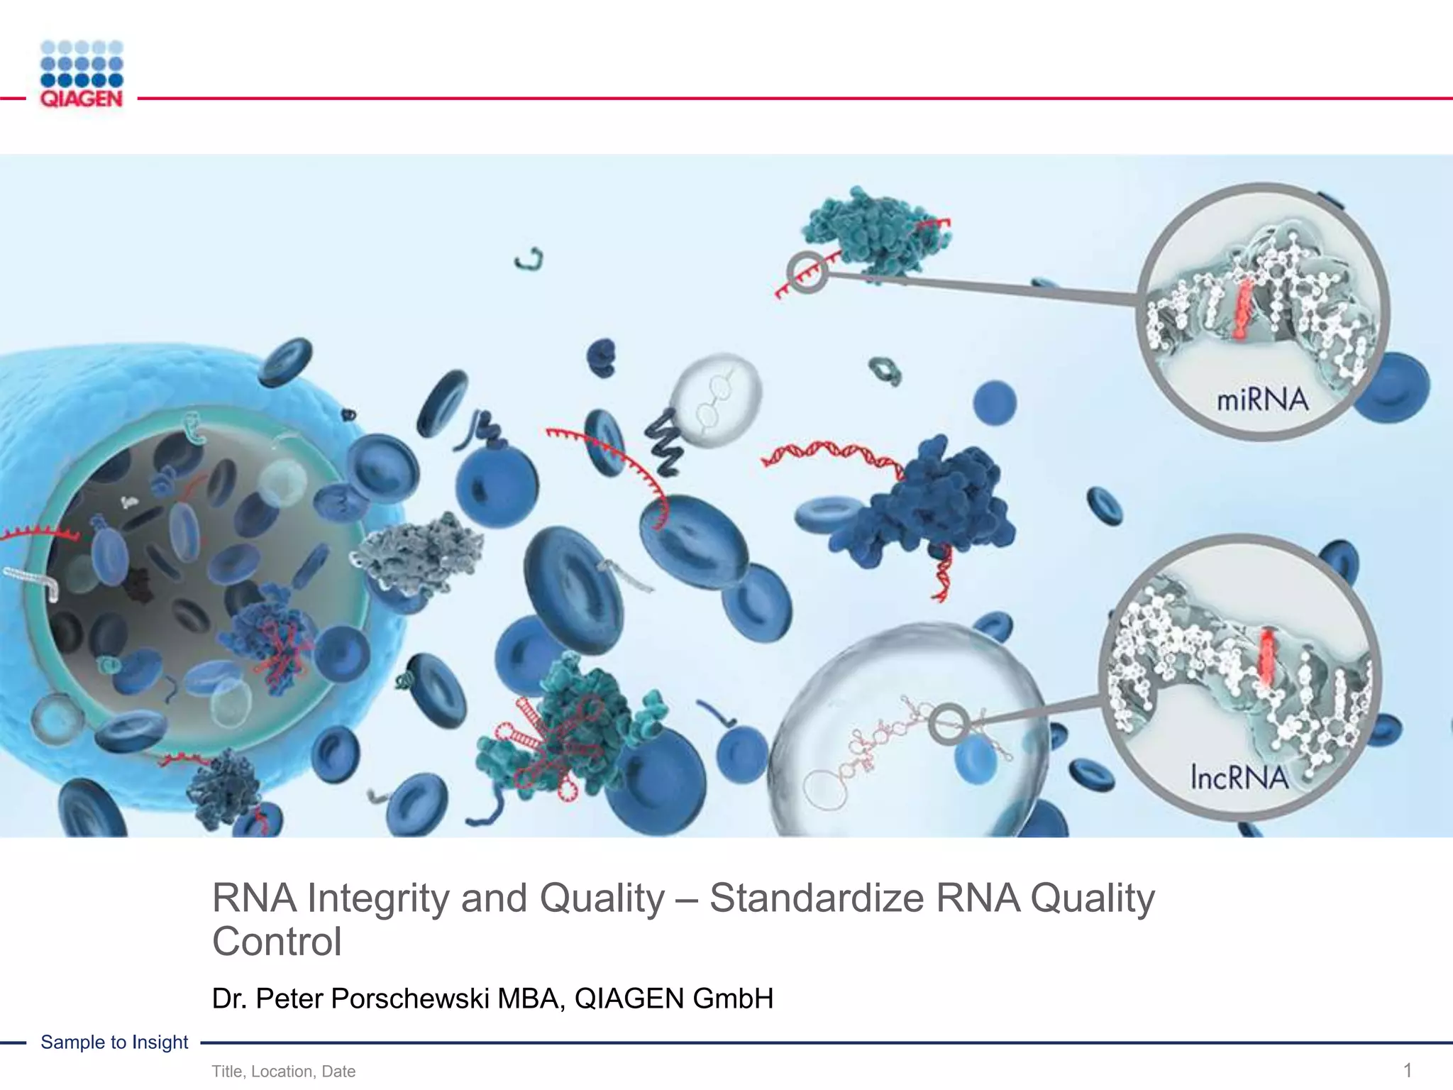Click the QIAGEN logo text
click(82, 99)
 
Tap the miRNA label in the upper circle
click(1262, 400)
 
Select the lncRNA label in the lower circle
click(1239, 778)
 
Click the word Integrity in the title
click(380, 898)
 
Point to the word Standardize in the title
click(817, 898)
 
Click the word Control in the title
click(277, 942)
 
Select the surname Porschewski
click(409, 998)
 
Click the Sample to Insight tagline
click(114, 1042)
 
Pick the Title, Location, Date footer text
click(283, 1072)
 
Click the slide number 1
click(1408, 1070)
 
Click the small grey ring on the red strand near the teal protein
click(807, 272)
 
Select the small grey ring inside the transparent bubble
click(949, 724)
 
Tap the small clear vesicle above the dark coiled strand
click(717, 399)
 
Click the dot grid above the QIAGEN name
click(82, 64)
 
